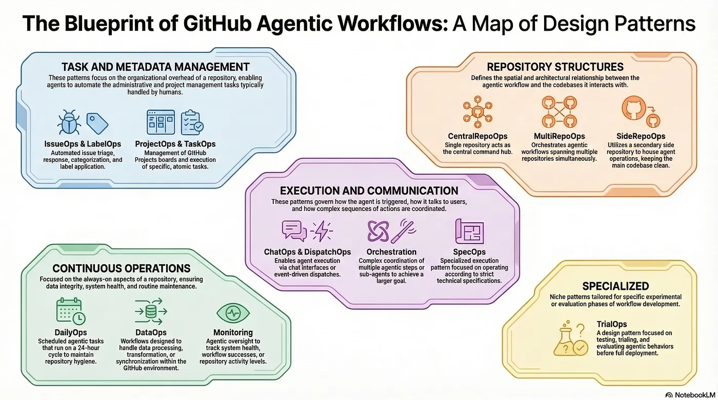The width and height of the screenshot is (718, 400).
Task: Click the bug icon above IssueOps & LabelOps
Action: [69, 122]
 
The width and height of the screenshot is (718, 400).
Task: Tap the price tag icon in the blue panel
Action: [97, 123]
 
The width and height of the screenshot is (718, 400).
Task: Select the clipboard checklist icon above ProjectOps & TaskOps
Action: [192, 122]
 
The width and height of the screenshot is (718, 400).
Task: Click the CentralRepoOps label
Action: [477, 136]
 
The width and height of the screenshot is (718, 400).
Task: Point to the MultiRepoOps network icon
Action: [560, 112]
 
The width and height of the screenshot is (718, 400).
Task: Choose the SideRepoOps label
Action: [641, 136]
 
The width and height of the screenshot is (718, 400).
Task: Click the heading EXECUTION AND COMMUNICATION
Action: [369, 191]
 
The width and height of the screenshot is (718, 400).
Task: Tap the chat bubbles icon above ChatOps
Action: [294, 230]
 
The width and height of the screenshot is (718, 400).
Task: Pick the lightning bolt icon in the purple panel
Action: [322, 230]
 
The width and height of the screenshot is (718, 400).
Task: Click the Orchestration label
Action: [391, 252]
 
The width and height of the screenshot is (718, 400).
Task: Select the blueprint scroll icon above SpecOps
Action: [469, 231]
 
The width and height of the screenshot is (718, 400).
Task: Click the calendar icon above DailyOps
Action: [71, 311]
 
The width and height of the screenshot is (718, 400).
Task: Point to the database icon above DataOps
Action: [151, 311]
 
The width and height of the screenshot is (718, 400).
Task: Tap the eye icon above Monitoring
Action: [233, 312]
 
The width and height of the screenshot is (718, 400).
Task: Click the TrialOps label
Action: [611, 324]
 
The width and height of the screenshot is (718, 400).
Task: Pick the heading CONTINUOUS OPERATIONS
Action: [122, 268]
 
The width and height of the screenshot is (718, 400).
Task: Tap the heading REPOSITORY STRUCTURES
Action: [555, 67]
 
